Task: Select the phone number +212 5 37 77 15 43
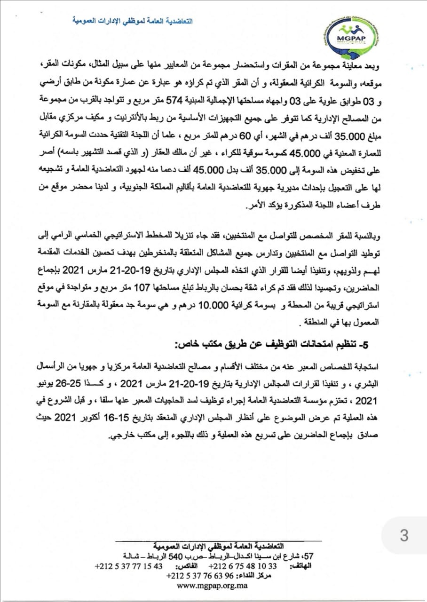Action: click(128, 566)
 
